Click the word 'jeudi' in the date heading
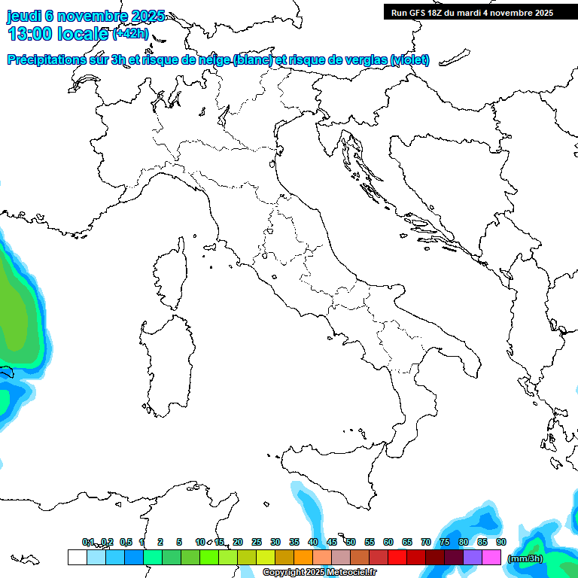(x=23, y=17)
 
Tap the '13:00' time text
(x=31, y=34)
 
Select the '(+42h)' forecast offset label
(x=130, y=34)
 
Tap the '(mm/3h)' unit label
(x=525, y=558)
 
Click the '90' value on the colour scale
(x=501, y=542)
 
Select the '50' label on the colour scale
(x=351, y=542)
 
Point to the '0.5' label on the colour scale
(x=126, y=542)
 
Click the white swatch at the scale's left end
(x=77, y=557)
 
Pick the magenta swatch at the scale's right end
(x=491, y=557)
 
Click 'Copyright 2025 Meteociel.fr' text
(x=319, y=572)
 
